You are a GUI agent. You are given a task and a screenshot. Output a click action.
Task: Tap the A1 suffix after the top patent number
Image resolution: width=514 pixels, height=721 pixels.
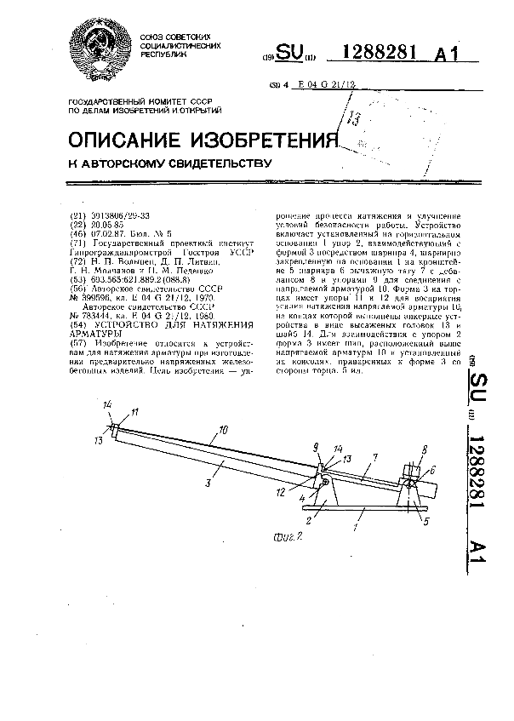tap(448, 55)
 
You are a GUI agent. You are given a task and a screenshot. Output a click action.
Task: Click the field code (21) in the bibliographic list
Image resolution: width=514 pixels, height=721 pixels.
tap(77, 216)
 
